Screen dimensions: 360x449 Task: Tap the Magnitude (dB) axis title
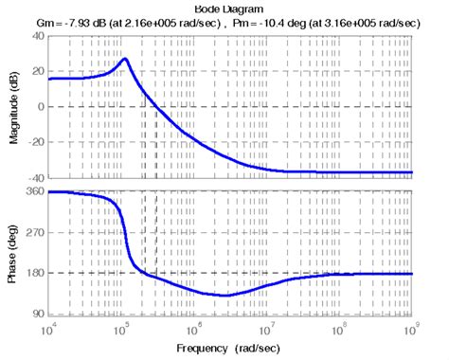coord(12,106)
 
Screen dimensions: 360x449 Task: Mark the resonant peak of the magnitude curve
coord(125,59)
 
